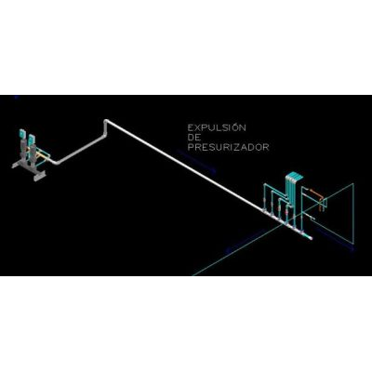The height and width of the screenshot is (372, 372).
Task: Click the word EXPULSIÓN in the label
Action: coord(217,127)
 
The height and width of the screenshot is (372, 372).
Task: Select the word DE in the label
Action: coord(194,138)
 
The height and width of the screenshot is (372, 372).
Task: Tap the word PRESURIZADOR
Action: coord(228,147)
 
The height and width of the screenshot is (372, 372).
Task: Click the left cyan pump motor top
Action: coord(22,133)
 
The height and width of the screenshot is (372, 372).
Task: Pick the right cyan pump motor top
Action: coord(31,139)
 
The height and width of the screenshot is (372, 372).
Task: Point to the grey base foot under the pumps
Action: coord(39,176)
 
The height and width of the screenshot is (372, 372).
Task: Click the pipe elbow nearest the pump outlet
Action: coord(53,162)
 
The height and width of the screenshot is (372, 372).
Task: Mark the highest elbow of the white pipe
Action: coord(106,121)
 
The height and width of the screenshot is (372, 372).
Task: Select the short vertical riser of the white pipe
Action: coord(105,129)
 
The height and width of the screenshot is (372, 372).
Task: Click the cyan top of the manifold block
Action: coord(294,176)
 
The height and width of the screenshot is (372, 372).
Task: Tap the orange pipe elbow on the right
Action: coord(321,196)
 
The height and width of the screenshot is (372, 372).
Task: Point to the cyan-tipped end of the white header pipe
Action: coord(311,238)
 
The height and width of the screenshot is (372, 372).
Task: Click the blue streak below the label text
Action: coord(195,160)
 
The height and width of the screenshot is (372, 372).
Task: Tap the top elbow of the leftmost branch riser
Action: coord(265,185)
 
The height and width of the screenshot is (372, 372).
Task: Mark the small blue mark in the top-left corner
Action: coord(17,98)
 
